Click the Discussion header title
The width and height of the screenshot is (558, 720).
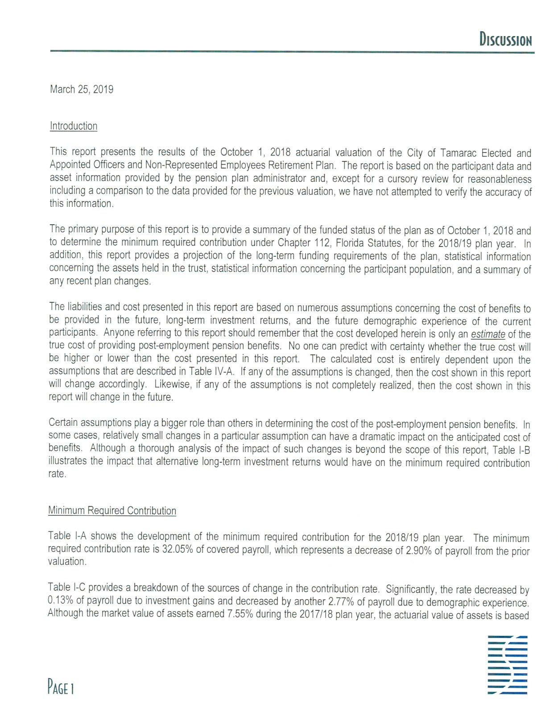(505, 40)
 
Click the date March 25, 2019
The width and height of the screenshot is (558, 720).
(82, 89)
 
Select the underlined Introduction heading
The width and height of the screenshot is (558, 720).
(74, 126)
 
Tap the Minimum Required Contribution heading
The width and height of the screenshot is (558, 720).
(112, 510)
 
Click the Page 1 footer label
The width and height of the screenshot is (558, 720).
(61, 688)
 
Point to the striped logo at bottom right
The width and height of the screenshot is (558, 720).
(508, 665)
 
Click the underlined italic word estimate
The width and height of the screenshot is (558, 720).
(488, 334)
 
